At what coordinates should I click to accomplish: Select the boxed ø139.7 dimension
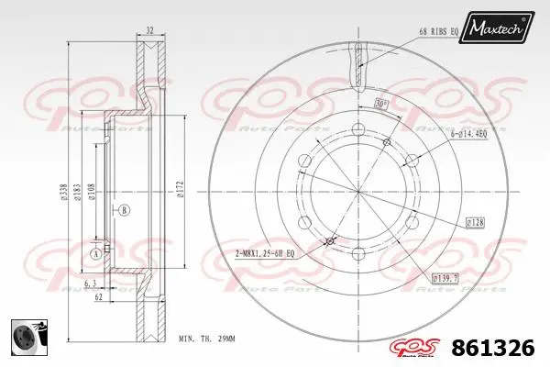click(446, 275)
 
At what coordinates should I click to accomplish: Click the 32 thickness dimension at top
click(149, 30)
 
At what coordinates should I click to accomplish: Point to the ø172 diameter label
click(181, 191)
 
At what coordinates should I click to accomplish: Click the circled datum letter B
click(124, 211)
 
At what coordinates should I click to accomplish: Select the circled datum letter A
click(95, 252)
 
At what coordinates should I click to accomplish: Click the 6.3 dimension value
click(88, 284)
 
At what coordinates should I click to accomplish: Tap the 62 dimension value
click(96, 298)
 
